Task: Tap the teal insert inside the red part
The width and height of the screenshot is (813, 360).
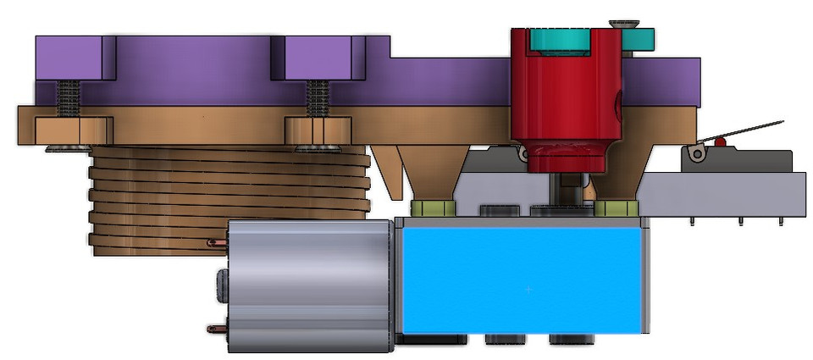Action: click(559, 38)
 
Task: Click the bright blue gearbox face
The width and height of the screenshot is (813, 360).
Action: click(521, 280)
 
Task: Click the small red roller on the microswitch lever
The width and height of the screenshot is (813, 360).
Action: click(720, 141)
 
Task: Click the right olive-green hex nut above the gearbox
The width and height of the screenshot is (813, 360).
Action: click(615, 208)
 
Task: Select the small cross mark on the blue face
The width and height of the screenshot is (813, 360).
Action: click(529, 290)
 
